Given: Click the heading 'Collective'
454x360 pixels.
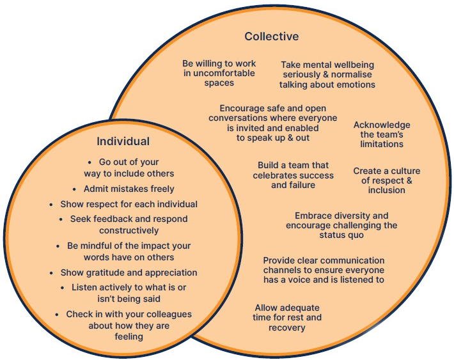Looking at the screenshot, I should (271, 36).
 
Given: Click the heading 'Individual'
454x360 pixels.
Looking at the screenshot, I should (123, 141).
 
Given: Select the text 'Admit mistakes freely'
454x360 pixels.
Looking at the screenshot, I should (129, 189).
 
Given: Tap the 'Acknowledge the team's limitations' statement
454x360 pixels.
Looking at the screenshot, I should (382, 135).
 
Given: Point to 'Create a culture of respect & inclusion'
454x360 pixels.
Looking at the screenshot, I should (386, 180).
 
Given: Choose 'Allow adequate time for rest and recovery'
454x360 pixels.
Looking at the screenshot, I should (287, 318).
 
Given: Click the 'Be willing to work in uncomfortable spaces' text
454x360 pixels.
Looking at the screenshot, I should (219, 74).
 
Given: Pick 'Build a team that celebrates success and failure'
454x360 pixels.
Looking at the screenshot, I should (293, 175).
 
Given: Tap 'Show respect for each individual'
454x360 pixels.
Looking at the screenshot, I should (129, 205).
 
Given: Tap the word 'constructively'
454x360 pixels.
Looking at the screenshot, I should (129, 230).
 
